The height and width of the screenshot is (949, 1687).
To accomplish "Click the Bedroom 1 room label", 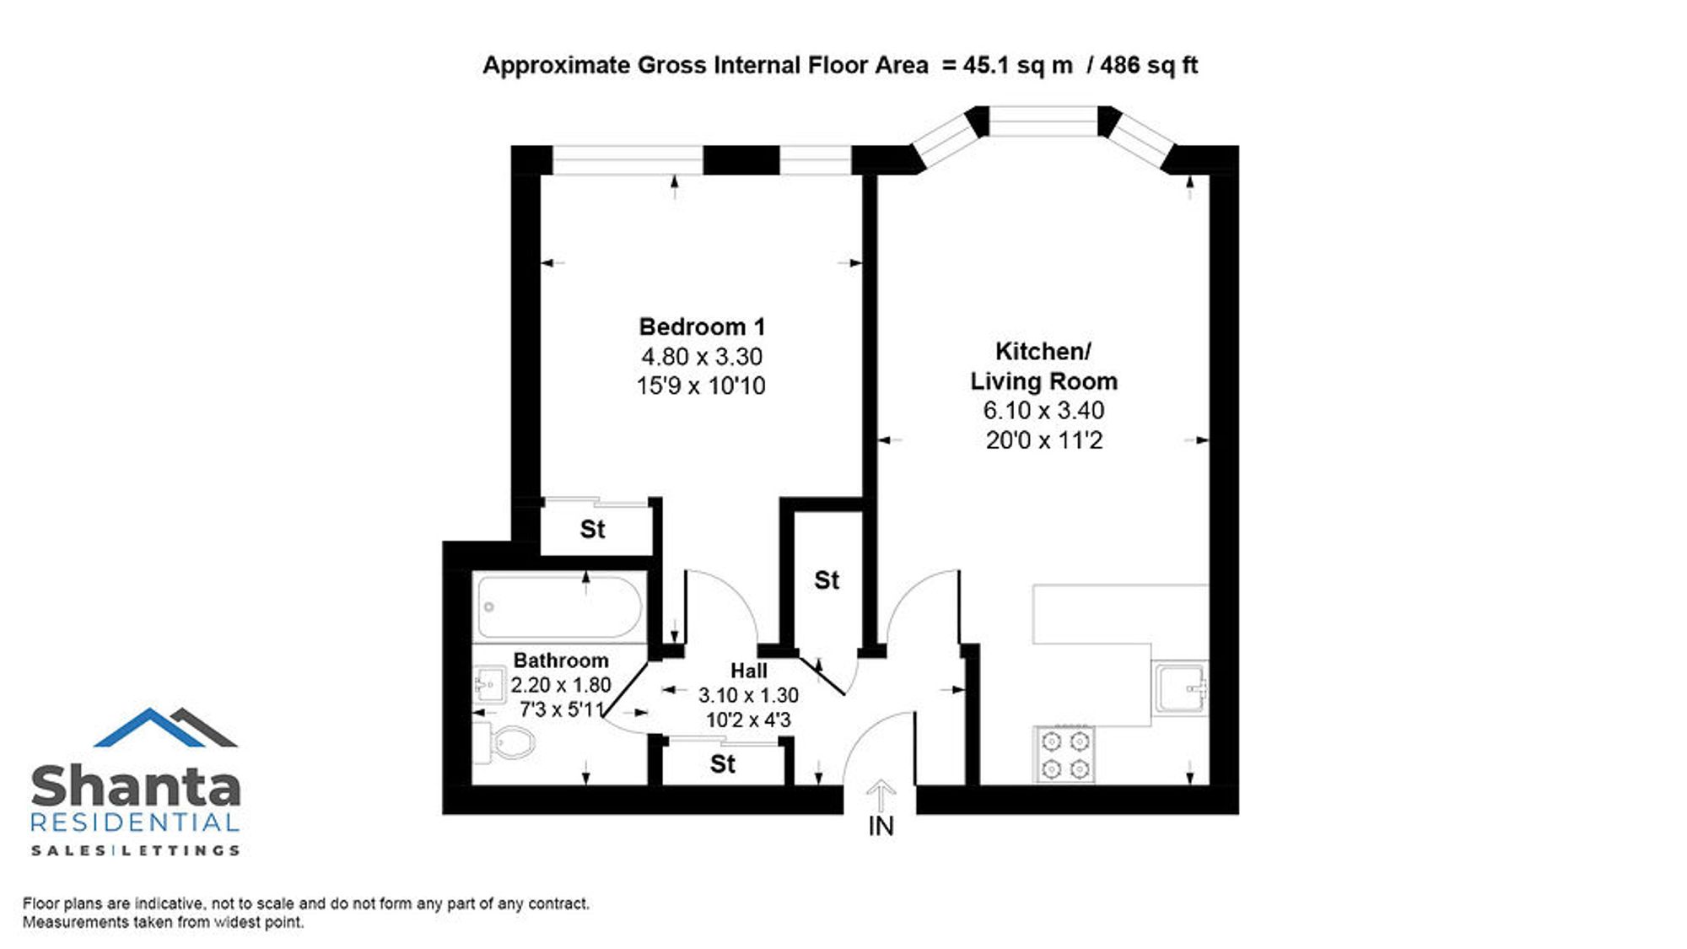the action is click(x=702, y=326).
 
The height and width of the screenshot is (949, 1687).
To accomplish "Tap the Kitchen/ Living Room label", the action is click(x=1043, y=366).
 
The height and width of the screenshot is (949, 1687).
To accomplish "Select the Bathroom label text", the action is click(x=561, y=661).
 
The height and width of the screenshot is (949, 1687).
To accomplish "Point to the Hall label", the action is click(x=749, y=671).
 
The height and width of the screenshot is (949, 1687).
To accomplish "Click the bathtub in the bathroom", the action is click(x=559, y=607).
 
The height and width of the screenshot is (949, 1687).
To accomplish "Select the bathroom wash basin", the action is click(x=489, y=684).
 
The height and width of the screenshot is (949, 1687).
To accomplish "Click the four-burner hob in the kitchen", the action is click(x=1064, y=754).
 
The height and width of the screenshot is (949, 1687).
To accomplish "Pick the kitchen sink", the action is click(x=1181, y=688).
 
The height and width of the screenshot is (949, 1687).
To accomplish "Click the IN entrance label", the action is click(x=881, y=826).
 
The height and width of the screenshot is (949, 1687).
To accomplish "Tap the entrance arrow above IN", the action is click(x=881, y=795).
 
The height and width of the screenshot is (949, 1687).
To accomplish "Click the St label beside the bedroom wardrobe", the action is click(x=592, y=529).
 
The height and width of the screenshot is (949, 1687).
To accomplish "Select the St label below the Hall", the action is click(x=723, y=764).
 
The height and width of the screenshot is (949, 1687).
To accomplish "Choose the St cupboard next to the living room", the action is click(x=827, y=580).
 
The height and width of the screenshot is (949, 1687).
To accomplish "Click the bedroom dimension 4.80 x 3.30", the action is click(x=702, y=356).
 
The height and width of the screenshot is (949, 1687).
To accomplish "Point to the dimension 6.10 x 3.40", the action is click(x=1043, y=410).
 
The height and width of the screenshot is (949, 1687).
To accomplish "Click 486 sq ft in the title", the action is click(x=1149, y=65).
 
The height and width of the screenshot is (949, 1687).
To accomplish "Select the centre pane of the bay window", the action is click(x=1043, y=121).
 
